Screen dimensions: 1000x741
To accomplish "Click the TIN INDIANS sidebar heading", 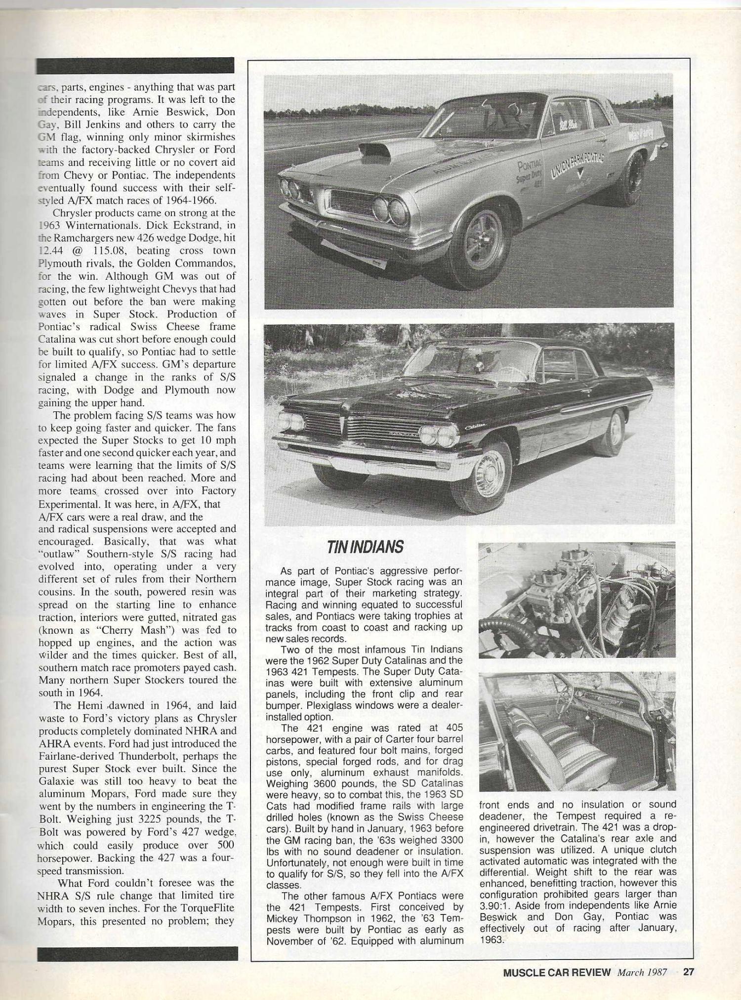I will (x=365, y=547).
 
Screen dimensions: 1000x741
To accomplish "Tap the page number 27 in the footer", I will (x=688, y=972).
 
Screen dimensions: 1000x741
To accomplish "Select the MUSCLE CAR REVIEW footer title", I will (x=557, y=972).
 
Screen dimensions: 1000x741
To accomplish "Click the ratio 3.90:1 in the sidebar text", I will (x=498, y=906).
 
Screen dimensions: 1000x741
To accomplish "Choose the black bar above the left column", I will (x=135, y=65).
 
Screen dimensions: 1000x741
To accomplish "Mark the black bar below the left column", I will (x=137, y=953).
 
